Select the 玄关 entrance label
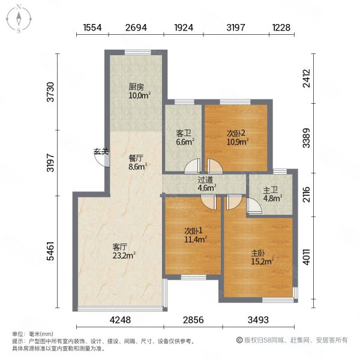(x=101, y=152)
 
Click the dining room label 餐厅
(x=137, y=158)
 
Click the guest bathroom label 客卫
(x=184, y=133)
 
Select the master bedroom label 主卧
(x=259, y=253)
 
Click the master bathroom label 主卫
(x=270, y=192)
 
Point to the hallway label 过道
(x=206, y=179)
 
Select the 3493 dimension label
(x=258, y=320)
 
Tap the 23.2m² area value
(x=124, y=254)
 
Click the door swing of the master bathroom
(x=254, y=207)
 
